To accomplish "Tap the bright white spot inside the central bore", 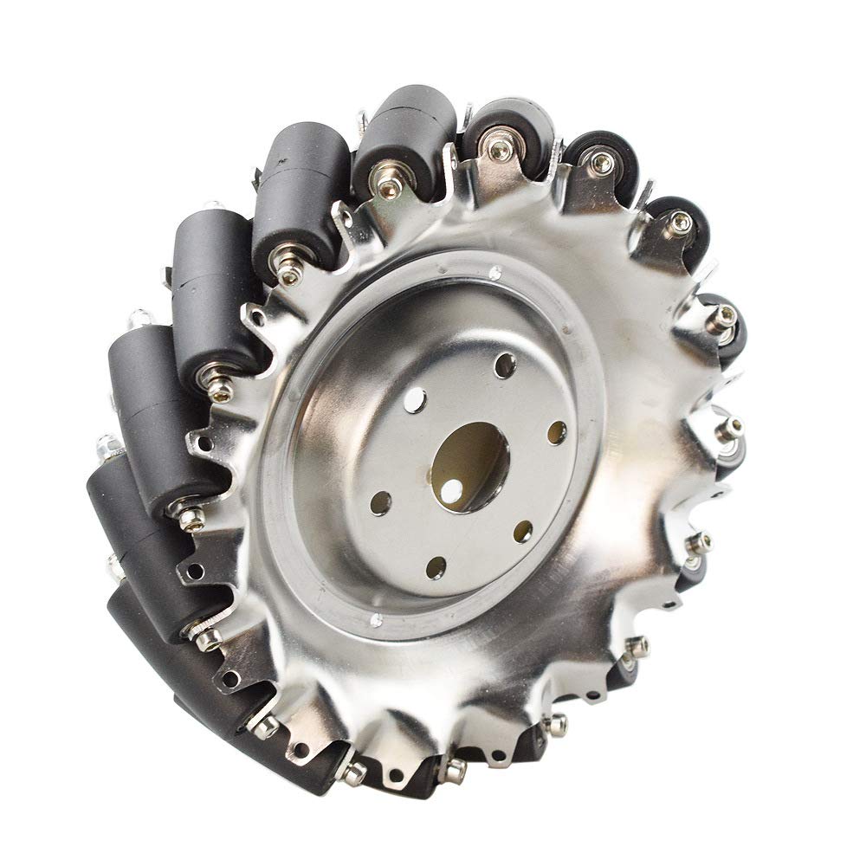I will pos(451,491).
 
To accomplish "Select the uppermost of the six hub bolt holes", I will pos(505,365).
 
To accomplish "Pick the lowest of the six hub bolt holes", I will pos(436,568).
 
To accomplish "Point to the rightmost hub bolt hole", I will pos(557,432).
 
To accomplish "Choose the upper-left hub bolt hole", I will pos(415,399).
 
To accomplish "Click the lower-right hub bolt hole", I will pos(522,531).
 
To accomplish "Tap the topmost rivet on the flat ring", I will pos(494,275).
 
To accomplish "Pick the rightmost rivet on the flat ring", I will pos(571,330).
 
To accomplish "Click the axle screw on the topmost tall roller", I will pos(387,183).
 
